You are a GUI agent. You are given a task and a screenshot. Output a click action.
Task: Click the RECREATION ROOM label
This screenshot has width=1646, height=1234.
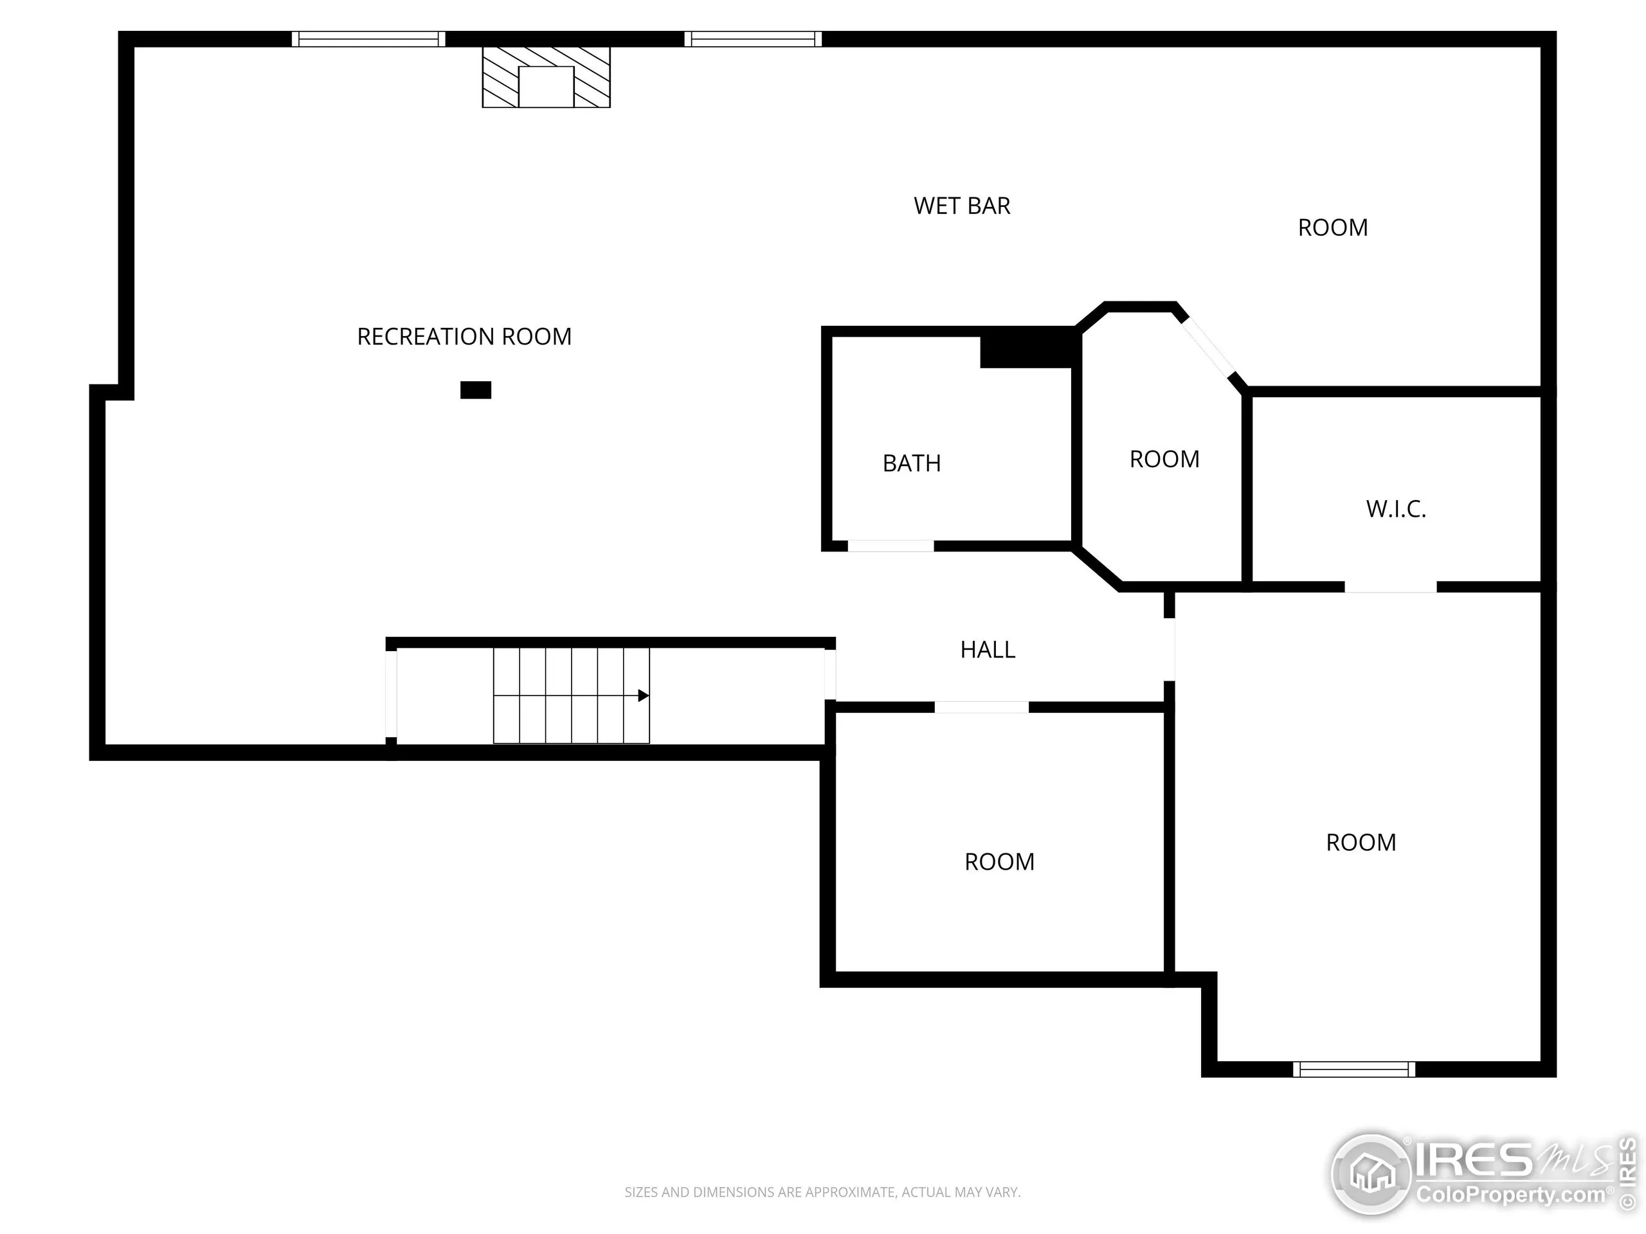[464, 337]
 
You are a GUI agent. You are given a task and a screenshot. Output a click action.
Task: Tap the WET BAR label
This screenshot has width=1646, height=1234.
[961, 206]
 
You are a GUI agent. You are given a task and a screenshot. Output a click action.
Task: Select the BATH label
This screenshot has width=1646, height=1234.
[912, 463]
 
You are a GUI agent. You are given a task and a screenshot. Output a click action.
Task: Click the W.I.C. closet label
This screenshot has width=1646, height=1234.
[1396, 510]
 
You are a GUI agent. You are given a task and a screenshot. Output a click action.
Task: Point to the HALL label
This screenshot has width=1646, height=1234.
[988, 650]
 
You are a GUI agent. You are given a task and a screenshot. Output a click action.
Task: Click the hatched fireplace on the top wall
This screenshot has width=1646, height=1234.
[546, 77]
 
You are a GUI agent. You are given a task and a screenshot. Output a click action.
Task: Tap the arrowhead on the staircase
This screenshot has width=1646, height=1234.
[644, 696]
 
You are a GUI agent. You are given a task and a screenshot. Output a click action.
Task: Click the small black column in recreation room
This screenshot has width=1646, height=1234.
[476, 389]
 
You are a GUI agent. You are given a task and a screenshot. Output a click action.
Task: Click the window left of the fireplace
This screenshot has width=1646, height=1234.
[368, 39]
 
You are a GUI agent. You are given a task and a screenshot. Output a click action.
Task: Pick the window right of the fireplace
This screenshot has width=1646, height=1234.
[753, 39]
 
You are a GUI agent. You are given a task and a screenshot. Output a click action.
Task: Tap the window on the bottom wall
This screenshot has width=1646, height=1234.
[1353, 1069]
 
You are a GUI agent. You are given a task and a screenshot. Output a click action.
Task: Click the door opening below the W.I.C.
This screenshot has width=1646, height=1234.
[1390, 587]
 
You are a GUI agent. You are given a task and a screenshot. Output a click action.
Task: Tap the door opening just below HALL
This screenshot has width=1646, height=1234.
[982, 708]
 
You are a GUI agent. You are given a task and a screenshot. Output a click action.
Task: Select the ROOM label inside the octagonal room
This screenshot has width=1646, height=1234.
[1164, 460]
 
